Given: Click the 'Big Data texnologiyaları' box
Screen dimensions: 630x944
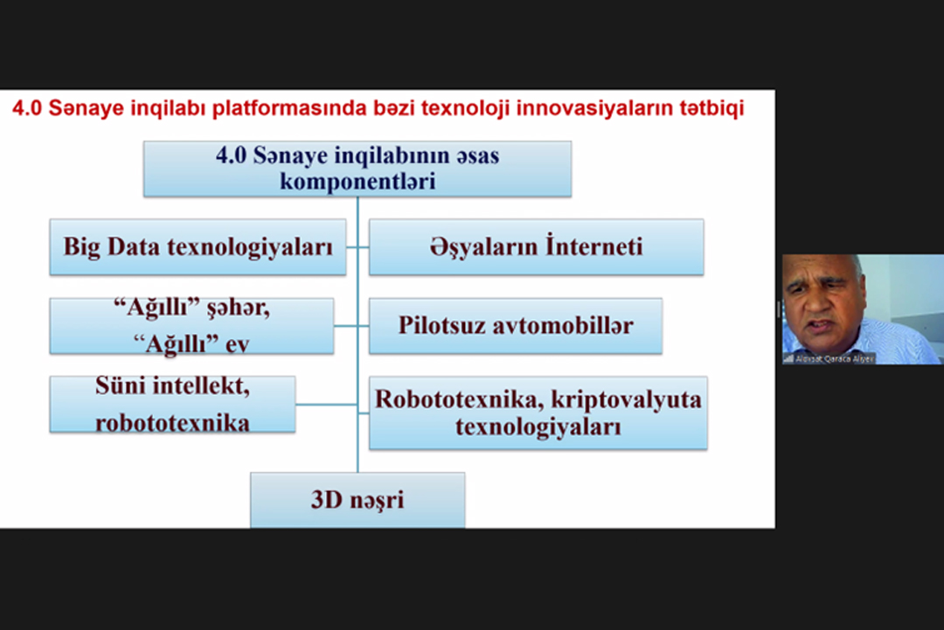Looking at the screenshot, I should pos(198,247).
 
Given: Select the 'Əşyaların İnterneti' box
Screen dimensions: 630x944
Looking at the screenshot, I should pos(536,247).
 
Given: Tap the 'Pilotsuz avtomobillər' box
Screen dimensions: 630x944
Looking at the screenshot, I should pos(515,326).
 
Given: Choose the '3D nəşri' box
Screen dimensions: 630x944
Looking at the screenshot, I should pos(357,501).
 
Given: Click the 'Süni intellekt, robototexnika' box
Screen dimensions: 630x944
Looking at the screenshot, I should pos(172,405).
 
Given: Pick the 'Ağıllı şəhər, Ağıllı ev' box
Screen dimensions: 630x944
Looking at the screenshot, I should pos(191,326).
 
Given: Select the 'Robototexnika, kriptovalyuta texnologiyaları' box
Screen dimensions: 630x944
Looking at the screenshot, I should pos(538,413).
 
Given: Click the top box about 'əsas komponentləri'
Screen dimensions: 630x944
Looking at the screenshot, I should pos(357,169).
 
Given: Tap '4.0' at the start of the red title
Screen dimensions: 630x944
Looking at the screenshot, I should pos(25,110).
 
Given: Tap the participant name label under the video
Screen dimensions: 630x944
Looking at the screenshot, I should pos(833,358).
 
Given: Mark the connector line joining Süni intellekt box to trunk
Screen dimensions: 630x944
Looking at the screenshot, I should pos(326,405).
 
